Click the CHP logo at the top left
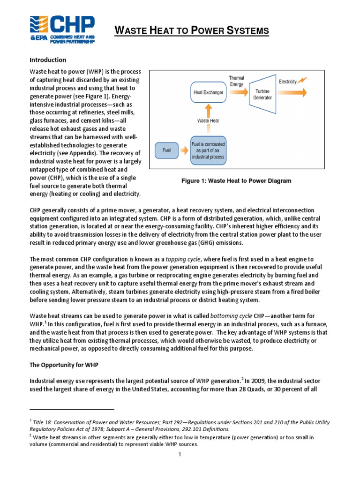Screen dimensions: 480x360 coord(62,29)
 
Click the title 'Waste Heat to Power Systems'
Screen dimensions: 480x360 coord(192,31)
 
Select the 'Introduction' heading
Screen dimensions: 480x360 coord(48,60)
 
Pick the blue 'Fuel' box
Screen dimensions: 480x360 coord(166,151)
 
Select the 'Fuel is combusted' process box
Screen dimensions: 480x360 coord(208,150)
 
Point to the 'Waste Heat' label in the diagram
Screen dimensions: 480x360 coord(209,120)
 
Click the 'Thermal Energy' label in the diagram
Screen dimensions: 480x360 coord(236,81)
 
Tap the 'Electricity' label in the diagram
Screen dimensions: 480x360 coord(288,82)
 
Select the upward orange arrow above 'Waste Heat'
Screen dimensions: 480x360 coord(208,110)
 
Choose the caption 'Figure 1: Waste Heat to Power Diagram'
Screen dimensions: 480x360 coord(237,181)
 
